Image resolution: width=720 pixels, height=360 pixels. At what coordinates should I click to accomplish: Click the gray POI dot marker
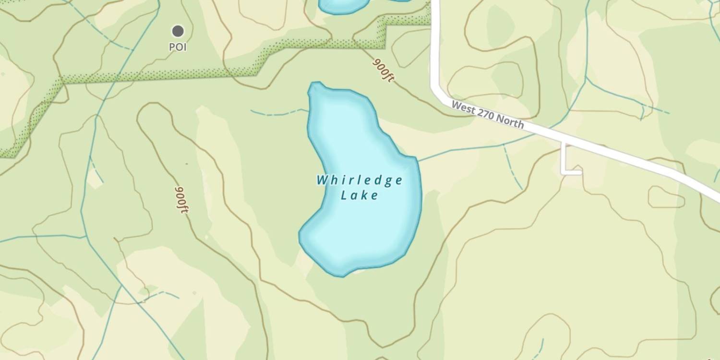[x=178, y=31]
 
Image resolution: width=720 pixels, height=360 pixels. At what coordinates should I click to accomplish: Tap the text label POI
[x=178, y=48]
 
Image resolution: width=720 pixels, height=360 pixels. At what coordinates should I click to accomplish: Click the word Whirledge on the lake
[x=360, y=180]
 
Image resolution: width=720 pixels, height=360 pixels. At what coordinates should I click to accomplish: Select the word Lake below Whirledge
[x=360, y=195]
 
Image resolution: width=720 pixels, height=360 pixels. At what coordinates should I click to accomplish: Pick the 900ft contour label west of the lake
[x=182, y=200]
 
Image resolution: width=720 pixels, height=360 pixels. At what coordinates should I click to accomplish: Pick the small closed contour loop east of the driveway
[x=666, y=197]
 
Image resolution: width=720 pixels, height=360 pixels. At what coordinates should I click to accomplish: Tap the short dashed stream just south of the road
[x=513, y=168]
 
